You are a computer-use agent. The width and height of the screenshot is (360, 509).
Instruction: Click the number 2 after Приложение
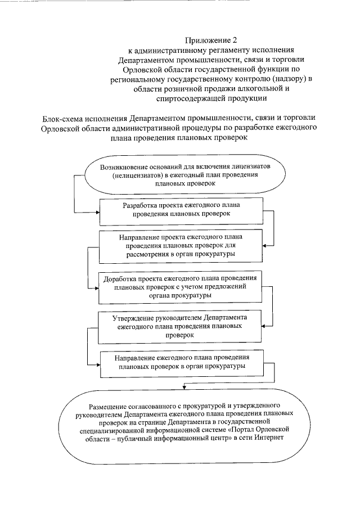coord(236,40)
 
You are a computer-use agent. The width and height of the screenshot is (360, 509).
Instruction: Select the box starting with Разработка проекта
coord(182,209)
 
